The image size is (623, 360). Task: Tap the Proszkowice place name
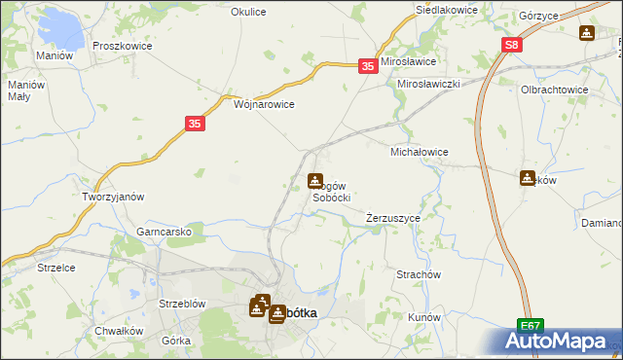119,46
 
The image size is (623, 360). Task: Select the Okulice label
249,12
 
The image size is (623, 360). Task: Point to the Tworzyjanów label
113,196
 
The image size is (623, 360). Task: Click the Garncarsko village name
171,232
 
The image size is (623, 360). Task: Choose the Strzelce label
55,267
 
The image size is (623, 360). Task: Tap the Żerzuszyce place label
393,218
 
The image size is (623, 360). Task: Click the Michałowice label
419,153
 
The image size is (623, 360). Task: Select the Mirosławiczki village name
428,85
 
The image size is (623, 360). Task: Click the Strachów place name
420,274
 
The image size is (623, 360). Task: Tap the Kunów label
425,317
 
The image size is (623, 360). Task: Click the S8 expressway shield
513,45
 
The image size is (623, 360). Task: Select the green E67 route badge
530,326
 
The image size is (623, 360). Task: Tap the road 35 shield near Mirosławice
367,65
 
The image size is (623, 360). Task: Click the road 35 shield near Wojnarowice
194,124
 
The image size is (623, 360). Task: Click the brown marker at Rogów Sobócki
315,181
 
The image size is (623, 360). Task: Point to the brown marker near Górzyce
586,34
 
